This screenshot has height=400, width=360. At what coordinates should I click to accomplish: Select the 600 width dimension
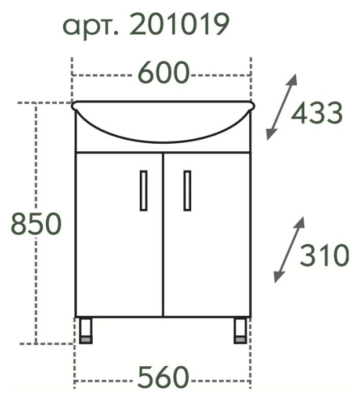pos(163,74)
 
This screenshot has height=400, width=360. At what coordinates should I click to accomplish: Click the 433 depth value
pos(317,114)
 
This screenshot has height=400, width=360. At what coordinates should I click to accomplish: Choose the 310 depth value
pos(325,255)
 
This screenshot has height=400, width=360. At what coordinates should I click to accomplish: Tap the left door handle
pos(143,190)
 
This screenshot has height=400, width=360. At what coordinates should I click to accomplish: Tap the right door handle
pos(187,190)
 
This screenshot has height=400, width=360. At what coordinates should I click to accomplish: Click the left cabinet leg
pos(86,330)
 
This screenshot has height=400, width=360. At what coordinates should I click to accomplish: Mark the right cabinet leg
pos(240,330)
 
